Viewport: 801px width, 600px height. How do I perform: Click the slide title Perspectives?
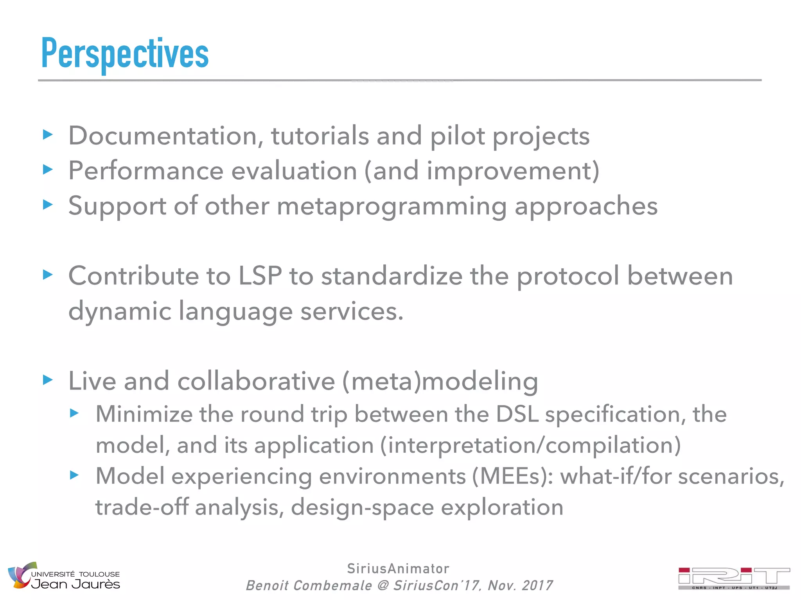tap(125, 54)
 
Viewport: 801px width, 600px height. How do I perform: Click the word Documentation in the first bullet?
tap(163, 136)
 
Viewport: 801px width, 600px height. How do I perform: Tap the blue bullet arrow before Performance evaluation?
tap(47, 170)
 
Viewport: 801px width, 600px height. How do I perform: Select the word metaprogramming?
tap(392, 206)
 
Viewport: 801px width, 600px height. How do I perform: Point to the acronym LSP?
tap(260, 276)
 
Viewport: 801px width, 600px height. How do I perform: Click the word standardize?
tap(392, 276)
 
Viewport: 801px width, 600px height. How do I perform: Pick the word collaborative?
tap(256, 381)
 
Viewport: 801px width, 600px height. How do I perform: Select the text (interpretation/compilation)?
tap(530, 445)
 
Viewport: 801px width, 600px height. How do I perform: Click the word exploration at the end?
tap(502, 507)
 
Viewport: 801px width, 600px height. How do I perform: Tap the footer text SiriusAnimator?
tap(398, 569)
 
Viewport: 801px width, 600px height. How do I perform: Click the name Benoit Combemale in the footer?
tap(309, 586)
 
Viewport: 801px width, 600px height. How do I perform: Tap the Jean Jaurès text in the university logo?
tap(75, 584)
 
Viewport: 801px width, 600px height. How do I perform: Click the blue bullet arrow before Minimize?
tap(74, 413)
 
